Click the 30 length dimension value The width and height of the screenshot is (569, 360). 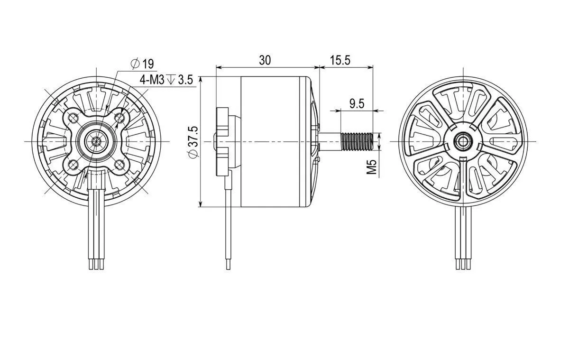[x=265, y=60]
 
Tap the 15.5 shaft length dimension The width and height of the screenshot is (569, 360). [x=340, y=60]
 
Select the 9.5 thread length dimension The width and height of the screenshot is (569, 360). [x=357, y=104]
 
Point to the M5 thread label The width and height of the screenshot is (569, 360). [x=371, y=166]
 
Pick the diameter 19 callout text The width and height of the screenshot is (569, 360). [x=142, y=64]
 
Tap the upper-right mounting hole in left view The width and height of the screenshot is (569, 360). [x=119, y=117]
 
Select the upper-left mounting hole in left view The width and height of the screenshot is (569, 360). [x=73, y=117]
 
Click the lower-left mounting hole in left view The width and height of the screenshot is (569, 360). [x=73, y=165]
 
